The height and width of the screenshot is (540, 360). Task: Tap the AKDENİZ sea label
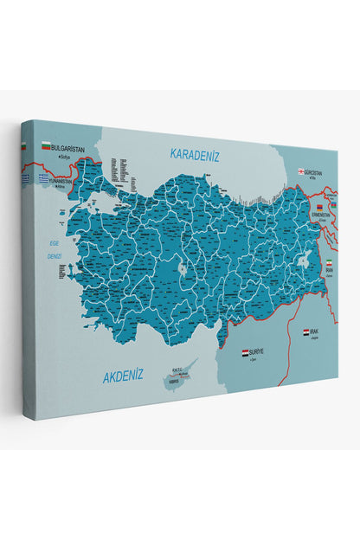point(122,376)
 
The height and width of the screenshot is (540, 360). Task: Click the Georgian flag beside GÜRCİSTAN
point(301,171)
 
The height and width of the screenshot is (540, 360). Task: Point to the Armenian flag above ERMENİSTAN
point(319,209)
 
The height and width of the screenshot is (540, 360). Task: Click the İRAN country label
point(330,269)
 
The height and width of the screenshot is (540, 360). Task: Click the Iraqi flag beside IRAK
point(306,331)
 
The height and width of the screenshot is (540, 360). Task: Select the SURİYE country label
point(256,353)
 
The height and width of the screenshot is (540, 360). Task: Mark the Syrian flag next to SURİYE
point(245,352)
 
